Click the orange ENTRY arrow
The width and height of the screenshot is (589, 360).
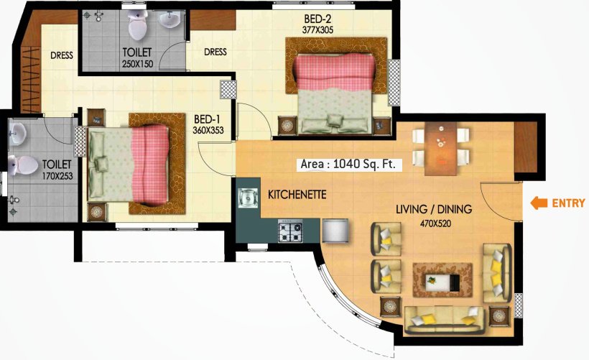pos(538,203)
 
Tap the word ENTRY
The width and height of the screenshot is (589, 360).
pos(567,203)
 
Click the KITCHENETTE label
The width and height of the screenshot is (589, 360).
pos(297,194)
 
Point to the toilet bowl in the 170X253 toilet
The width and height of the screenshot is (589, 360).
pos(24,165)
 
